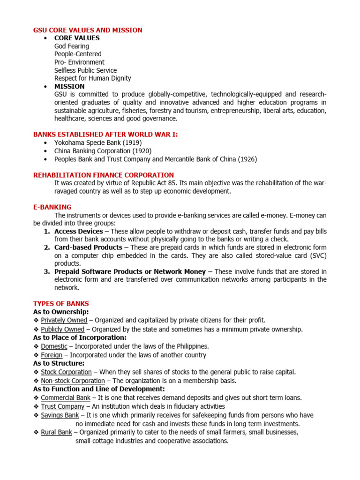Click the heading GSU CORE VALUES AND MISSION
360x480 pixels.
[x=88, y=30]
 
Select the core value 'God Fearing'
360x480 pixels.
[x=71, y=46]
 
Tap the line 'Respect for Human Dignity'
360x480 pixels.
[x=92, y=78]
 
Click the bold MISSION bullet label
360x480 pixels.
[x=69, y=86]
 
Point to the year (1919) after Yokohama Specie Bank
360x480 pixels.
[x=131, y=142]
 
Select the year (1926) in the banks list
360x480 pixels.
[x=247, y=159]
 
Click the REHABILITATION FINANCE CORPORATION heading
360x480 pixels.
[x=103, y=175]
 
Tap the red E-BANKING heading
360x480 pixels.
[x=52, y=207]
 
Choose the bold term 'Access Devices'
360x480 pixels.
[x=78, y=232]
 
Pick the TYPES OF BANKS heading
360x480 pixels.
[x=61, y=303]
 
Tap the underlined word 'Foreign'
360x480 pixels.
[x=52, y=355]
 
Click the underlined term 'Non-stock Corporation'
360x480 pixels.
[x=73, y=381]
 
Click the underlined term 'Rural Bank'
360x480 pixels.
[x=56, y=432]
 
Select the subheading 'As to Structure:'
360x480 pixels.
[x=59, y=363]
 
